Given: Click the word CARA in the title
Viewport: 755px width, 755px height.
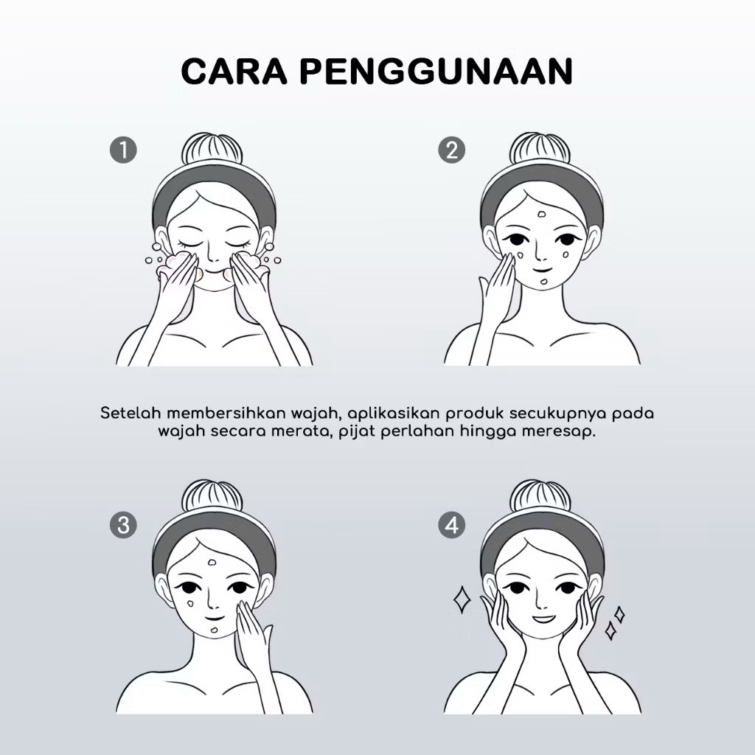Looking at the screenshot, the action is point(234,72).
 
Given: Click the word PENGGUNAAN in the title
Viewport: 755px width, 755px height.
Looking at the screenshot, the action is point(436,72).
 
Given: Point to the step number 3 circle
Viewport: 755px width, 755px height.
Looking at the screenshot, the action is point(123,524).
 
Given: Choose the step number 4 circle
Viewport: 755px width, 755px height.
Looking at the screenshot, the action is point(452,524).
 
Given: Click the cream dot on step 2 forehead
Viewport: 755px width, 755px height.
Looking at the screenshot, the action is point(542,215).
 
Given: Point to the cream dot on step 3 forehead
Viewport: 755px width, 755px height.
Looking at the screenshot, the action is point(212,561).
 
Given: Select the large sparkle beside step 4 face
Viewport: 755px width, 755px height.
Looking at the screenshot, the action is point(462,599).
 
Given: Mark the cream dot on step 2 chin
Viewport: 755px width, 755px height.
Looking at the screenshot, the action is point(543,282).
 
